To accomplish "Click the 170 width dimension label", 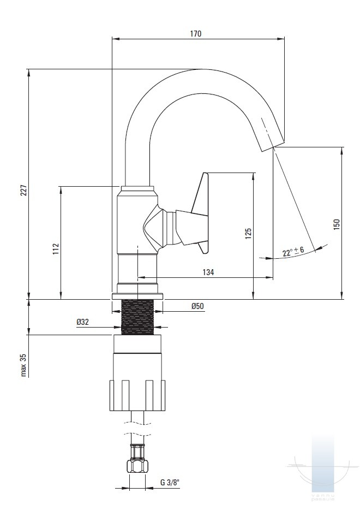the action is tap(196, 33).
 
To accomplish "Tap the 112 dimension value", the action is tap(56, 249).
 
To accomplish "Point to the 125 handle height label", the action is tap(248, 234).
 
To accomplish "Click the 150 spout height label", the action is tap(336, 224).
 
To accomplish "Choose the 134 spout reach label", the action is tap(208, 272).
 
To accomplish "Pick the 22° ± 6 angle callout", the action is tap(293, 252).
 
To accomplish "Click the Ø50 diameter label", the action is tap(197, 306).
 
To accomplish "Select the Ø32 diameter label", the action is tap(83, 322).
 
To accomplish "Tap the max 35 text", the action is tap(23, 365).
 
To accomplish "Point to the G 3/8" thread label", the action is tap(170, 483).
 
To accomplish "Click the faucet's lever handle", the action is tap(194, 214).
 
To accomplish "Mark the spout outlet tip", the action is tap(273, 146).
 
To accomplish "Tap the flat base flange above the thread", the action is tap(137, 296).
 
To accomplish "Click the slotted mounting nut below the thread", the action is tap(137, 395).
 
